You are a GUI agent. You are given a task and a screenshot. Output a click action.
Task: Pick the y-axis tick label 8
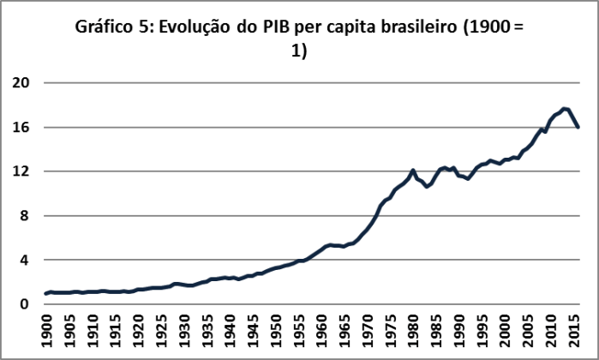[x=26, y=216]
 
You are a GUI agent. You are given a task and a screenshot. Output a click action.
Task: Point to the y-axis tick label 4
[x=26, y=260]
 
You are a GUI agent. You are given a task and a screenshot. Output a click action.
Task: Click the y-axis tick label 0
[x=26, y=304]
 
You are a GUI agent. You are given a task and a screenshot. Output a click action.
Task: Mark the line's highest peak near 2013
[x=563, y=109]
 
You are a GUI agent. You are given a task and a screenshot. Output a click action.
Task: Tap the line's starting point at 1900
[x=45, y=293]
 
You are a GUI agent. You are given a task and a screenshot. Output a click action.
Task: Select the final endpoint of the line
[x=579, y=127]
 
